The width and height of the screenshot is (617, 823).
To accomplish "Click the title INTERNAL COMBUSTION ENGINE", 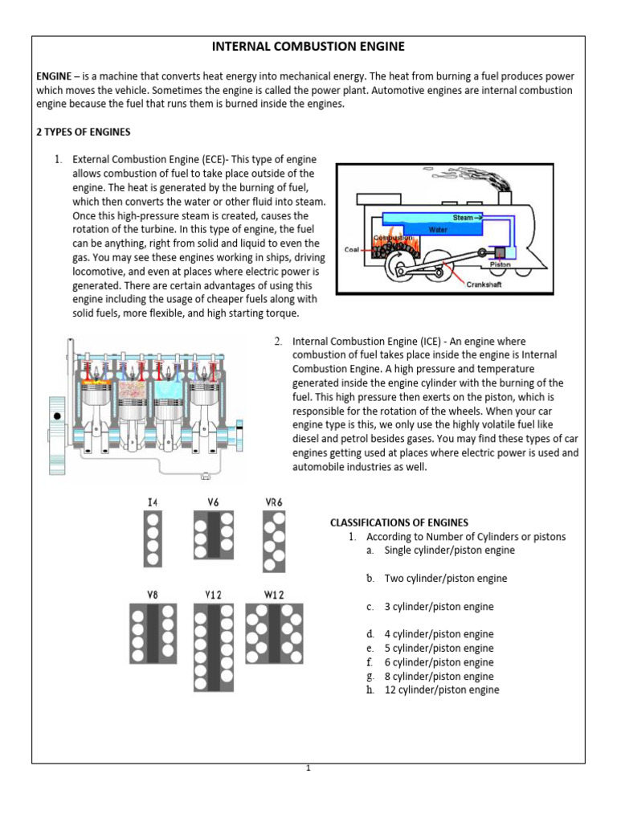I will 308,47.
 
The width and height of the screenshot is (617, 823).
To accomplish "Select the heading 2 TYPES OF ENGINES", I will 83,132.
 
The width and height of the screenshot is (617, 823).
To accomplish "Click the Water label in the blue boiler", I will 438,229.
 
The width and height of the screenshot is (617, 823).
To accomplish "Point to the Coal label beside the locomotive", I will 352,249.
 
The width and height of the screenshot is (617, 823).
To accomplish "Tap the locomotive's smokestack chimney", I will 505,195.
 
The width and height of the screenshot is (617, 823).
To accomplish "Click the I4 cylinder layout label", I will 153,502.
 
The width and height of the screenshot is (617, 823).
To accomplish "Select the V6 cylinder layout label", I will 213,502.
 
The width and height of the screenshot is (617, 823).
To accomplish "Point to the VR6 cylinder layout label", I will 274,502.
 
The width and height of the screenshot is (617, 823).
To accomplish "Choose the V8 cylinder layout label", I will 152,595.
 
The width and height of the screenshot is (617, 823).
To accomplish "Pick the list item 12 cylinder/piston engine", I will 442,690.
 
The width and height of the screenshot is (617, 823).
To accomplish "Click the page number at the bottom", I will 308,768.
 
